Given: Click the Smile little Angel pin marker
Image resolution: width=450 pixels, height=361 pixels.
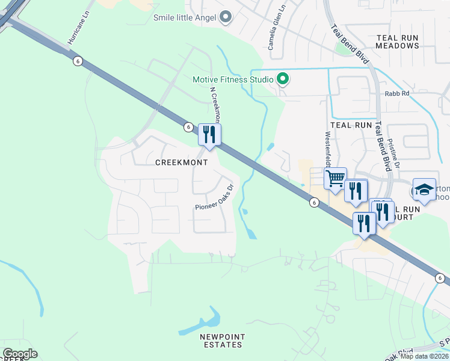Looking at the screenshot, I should tap(226, 17).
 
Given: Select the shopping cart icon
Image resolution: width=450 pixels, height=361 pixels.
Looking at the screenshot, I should tap(335, 177).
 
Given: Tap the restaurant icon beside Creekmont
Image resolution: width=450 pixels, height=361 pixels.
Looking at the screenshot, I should tap(209, 135).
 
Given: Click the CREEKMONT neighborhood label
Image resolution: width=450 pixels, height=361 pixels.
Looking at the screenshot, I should tap(182, 162).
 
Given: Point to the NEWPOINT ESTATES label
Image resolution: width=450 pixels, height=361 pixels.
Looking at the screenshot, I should tap(221, 341).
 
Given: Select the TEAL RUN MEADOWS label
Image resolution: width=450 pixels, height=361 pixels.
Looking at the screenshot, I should tap(397, 42).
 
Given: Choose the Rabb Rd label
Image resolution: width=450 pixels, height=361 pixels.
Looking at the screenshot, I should tap(397, 93).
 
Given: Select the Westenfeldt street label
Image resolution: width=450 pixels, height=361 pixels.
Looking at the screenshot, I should tap(328, 150).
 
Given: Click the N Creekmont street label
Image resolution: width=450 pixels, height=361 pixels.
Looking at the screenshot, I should tap(215, 105).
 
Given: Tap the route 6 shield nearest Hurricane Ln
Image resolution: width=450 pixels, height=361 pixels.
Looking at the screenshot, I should tap(77, 61).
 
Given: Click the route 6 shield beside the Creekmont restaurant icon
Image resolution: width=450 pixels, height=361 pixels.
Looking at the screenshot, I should tap(188, 127).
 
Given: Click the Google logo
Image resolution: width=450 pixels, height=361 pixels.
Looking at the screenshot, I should tap(20, 354).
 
